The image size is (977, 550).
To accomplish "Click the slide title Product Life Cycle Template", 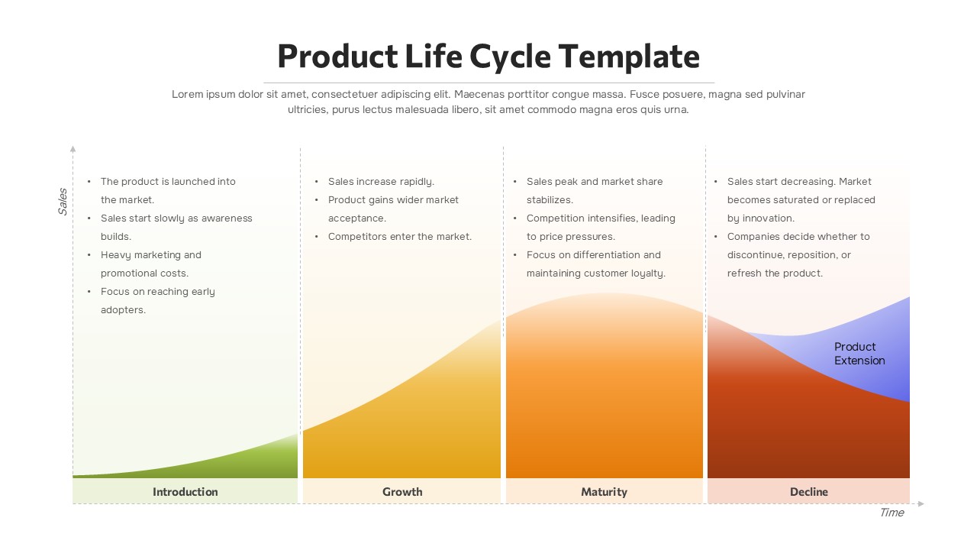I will pos(488,57).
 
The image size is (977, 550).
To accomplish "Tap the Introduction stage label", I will pos(185,492).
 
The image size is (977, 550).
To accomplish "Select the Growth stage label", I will pos(402,492).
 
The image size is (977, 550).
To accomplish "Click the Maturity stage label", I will pos(604,492).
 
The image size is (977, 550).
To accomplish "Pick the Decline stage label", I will pos(808,492).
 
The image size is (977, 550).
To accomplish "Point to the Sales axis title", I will pos(63,201).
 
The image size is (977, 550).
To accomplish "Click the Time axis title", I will pos(892,513).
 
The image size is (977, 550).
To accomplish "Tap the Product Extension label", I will pos(859,354).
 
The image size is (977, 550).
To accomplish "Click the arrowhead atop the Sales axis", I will pos(73,148).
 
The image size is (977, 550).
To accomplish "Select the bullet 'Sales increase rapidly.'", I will pos(381,182).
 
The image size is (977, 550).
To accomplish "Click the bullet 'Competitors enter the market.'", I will pos(400,237).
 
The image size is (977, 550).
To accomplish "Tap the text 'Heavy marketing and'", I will pos(151,255).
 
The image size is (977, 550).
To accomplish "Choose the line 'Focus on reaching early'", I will pos(158,292).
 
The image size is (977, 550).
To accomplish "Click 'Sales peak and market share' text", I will pos(595,182).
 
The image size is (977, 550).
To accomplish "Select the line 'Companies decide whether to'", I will pos(798,237).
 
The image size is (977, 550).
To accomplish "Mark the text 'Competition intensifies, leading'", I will pos(601,218).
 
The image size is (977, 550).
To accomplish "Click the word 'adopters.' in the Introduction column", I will pos(123,310).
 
